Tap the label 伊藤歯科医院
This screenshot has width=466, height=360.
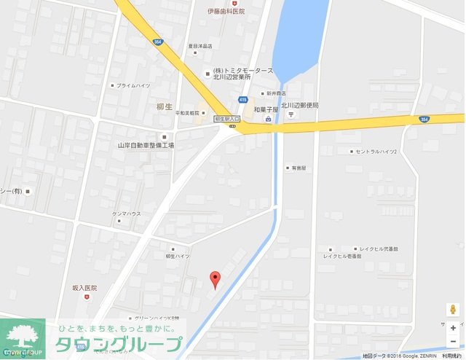click(x=226, y=12)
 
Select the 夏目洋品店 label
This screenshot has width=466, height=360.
click(x=199, y=46)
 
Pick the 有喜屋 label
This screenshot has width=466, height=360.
click(x=299, y=167)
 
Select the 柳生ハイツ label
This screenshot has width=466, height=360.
click(x=177, y=256)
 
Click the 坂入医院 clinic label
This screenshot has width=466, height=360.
click(x=84, y=288)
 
